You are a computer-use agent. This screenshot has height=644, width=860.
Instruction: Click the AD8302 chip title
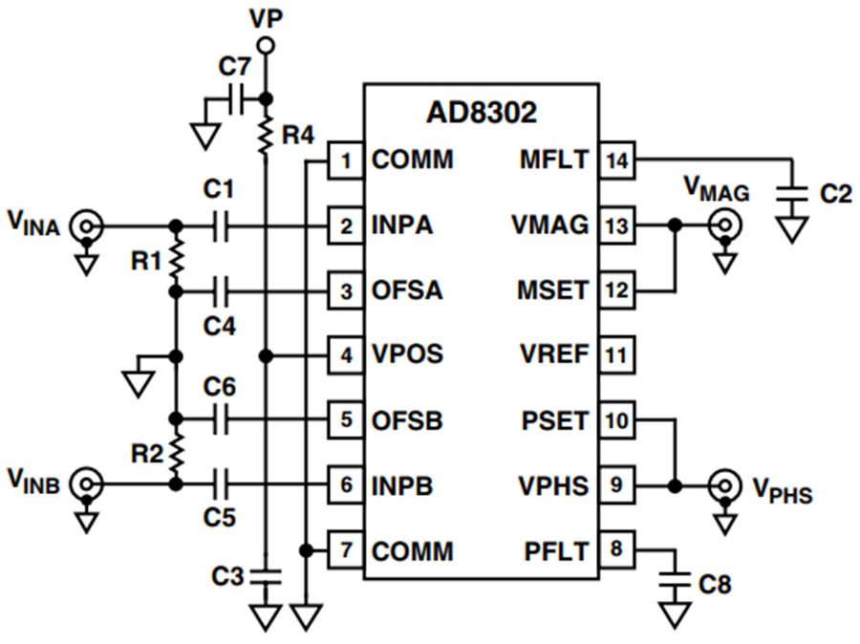coord(482,113)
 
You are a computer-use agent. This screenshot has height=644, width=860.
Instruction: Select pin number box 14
coord(617,161)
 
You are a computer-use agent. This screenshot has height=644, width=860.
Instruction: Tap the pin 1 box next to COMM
coord(346,161)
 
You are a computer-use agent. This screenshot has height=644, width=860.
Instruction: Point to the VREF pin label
coord(554,354)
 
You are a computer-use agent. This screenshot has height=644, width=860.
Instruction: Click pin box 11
coord(617,354)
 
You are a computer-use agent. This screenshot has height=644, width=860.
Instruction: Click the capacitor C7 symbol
coord(236,99)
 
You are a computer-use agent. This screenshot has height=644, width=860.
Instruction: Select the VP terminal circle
coord(266,46)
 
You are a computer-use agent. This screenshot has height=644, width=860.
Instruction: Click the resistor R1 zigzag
coord(176,259)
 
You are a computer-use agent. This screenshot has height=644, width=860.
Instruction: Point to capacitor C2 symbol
coord(792,195)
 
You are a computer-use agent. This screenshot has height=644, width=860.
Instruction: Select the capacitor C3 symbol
coord(266,576)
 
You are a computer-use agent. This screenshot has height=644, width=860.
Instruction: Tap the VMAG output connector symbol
coord(724,225)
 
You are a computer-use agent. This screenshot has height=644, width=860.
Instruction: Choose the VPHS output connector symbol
coord(724,485)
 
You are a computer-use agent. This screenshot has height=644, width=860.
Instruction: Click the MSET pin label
coord(552,290)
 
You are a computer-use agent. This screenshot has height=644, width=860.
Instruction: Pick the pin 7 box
coord(346,549)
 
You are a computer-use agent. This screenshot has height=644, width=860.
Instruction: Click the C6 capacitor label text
coord(220,387)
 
